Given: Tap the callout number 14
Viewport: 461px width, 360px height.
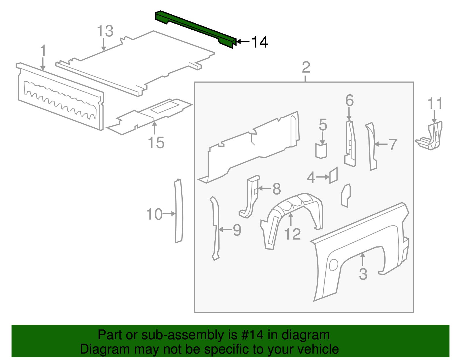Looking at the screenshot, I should (260, 42).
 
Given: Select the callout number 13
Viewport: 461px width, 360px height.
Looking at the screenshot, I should (105, 31).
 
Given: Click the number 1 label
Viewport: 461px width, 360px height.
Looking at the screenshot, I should (43, 51).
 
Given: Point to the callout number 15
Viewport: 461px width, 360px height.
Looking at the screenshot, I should (156, 143).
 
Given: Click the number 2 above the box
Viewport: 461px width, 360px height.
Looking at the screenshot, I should (306, 67).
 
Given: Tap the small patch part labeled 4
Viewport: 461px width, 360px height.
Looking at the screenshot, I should (333, 175).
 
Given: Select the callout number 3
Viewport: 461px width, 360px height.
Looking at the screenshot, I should (363, 274).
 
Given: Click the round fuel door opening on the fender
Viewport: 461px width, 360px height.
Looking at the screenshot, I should (333, 265).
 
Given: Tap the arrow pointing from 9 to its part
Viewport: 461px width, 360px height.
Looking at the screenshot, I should (225, 230).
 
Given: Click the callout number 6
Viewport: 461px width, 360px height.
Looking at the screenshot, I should (349, 101).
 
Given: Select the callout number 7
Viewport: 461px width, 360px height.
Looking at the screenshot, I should (393, 144).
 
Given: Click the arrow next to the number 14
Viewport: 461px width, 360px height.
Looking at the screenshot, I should (243, 42).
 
